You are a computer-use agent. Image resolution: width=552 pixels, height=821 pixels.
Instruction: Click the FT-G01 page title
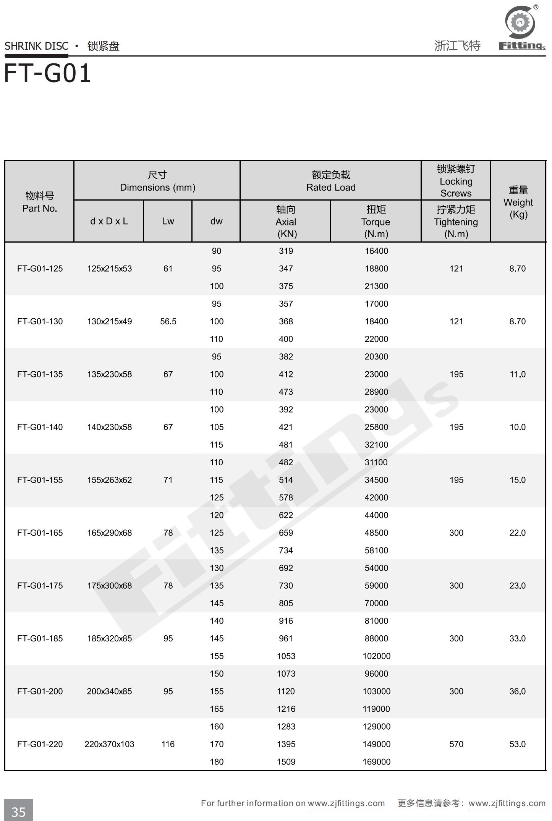(x=47, y=73)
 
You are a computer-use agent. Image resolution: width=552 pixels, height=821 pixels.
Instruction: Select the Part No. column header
(x=39, y=202)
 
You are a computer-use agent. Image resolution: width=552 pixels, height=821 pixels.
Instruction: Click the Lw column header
(x=168, y=221)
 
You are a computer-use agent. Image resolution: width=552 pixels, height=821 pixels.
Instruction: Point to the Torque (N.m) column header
(x=376, y=222)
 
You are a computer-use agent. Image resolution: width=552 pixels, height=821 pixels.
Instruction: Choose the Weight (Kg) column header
(x=518, y=202)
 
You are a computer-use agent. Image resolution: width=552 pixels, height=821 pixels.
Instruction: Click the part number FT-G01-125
(x=40, y=269)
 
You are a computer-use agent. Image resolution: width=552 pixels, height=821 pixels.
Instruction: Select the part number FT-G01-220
(x=40, y=744)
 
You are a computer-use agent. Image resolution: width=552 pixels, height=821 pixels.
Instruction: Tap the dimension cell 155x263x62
(x=109, y=480)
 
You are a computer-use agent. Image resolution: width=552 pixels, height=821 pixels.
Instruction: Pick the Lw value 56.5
(x=168, y=321)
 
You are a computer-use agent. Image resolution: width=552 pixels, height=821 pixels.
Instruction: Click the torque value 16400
(x=376, y=251)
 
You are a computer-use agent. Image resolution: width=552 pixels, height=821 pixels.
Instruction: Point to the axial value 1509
(x=286, y=762)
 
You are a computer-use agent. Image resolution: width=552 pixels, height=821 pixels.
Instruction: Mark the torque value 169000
(x=376, y=762)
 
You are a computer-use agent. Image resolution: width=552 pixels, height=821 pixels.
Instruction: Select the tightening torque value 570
(x=456, y=744)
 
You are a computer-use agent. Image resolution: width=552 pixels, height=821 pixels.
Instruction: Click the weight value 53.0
(x=517, y=744)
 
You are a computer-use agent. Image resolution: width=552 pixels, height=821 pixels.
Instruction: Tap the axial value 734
(x=286, y=551)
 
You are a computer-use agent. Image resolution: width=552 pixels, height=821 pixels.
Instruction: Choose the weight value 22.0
(x=517, y=533)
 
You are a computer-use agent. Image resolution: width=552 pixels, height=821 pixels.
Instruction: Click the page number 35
(x=18, y=811)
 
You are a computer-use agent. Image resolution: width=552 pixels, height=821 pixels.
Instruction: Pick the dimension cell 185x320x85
(x=109, y=638)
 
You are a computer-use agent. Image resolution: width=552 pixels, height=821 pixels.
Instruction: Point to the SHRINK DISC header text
(x=36, y=46)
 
